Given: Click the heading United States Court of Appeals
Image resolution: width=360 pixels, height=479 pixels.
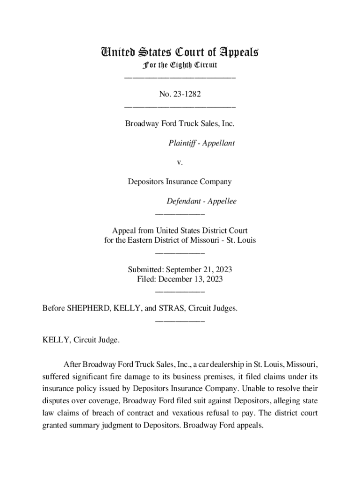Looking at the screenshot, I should [180, 52].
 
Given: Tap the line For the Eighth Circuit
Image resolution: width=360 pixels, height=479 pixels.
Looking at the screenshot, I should [180, 65].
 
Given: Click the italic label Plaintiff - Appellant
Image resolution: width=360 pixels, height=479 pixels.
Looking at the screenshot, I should [202, 143].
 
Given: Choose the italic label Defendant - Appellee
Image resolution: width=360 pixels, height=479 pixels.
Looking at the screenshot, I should [202, 201].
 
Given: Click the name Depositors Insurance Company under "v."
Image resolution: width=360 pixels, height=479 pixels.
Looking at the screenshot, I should [180, 182].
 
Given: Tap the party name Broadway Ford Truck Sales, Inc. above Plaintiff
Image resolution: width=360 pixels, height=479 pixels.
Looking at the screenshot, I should [180, 124].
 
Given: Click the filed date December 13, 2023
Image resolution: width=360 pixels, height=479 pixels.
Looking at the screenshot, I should [191, 279].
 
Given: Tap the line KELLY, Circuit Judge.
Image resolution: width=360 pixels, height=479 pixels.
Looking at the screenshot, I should [81, 340].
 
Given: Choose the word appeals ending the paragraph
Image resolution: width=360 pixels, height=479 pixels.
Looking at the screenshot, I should [250, 426].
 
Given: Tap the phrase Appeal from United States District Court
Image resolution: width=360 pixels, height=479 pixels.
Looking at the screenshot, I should [180, 231].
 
